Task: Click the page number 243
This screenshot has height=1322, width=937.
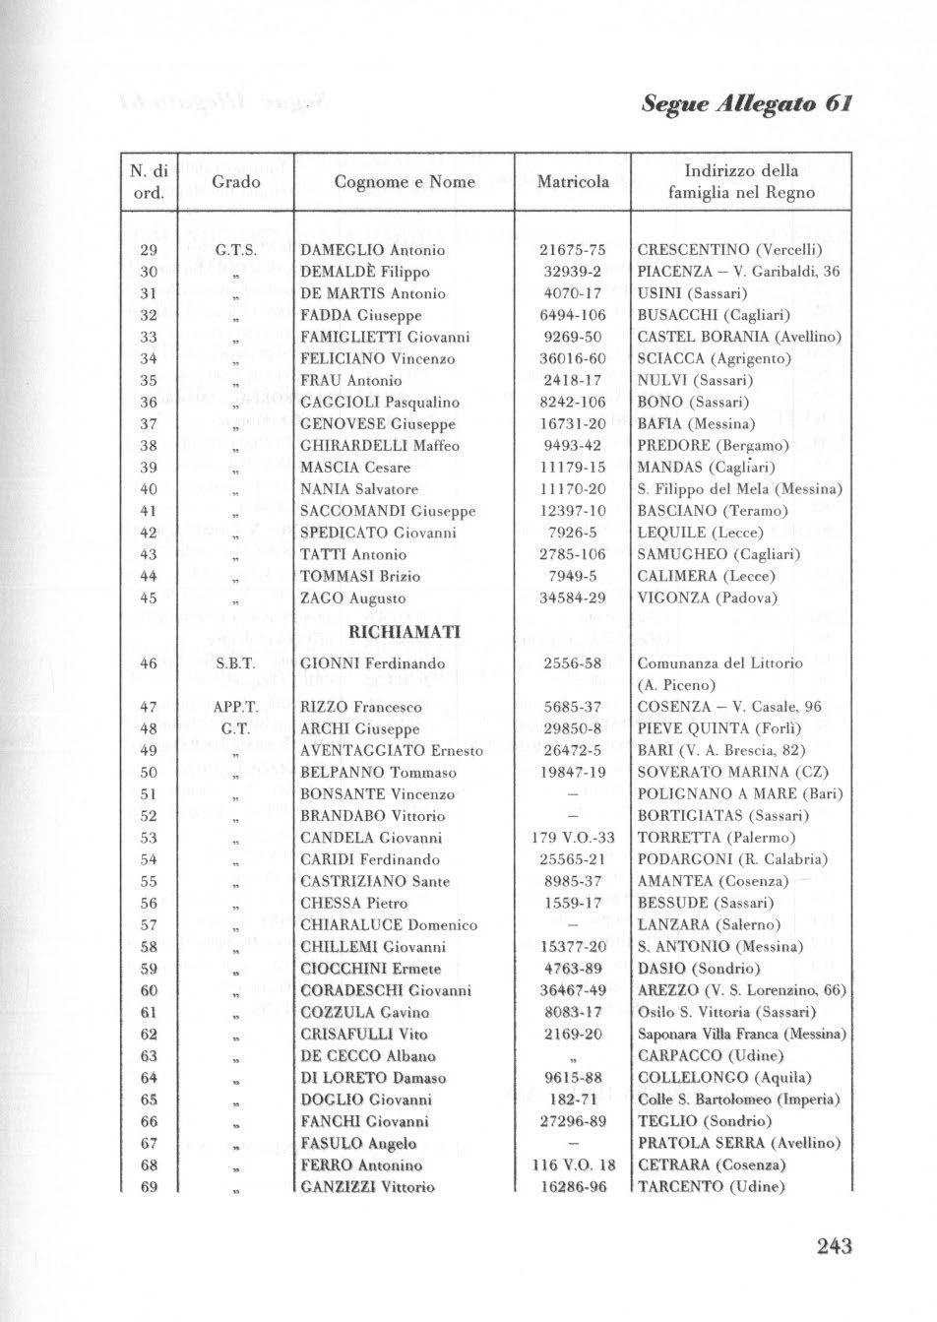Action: coord(833,1246)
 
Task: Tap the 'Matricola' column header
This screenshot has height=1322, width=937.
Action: coord(572,182)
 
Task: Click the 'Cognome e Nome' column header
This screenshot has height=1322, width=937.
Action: coord(405,182)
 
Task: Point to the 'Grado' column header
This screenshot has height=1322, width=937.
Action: coord(235,182)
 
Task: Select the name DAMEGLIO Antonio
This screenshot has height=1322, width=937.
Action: coord(372,251)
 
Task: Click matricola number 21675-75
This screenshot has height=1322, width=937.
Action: coord(573,251)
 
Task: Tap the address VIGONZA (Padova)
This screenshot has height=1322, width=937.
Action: coord(707,598)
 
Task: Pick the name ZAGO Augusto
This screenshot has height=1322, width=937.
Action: coord(352,598)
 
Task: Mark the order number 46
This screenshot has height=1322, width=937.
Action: coord(150,663)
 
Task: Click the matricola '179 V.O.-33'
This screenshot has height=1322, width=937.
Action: coord(573,838)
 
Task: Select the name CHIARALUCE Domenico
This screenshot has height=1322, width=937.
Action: coord(388,924)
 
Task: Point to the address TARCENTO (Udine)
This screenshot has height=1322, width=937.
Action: coord(710,1186)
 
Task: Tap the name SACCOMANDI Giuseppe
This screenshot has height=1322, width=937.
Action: coord(387,511)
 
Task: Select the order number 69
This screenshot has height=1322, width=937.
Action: coord(150,1186)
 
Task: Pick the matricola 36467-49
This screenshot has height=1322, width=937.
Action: coord(573,989)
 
